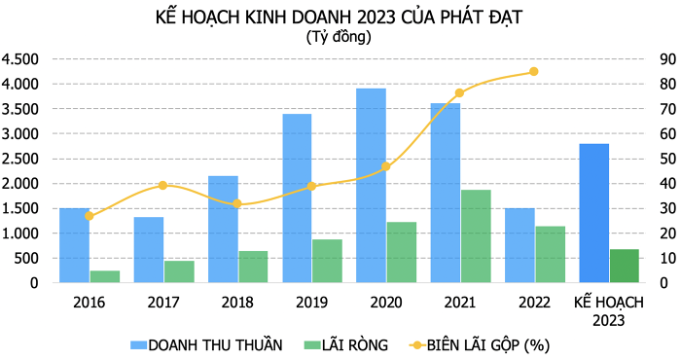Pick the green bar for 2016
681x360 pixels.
tap(105, 276)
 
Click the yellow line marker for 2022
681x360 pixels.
tap(533, 72)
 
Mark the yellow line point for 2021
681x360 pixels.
tap(459, 93)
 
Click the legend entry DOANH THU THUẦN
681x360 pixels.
tap(205, 344)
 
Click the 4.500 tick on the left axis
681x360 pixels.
tap(20, 58)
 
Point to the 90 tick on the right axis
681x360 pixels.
tap(665, 58)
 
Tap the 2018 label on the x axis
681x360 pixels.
tap(237, 302)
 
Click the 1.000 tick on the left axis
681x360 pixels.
tap(20, 233)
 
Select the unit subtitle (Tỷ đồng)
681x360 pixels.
tap(339, 37)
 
